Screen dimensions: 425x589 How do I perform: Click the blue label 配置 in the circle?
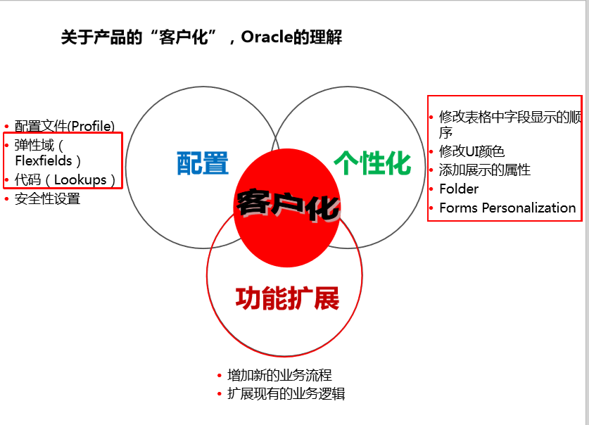203,163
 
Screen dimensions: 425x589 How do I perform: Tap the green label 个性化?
372,163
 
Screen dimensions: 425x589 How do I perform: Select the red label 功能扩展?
287,298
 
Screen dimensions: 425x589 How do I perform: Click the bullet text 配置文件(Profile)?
64,127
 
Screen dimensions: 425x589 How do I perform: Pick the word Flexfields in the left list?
44,161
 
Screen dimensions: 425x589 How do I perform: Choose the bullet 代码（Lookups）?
65,180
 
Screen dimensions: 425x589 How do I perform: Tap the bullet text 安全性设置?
47,199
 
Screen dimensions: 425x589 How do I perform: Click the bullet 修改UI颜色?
471,151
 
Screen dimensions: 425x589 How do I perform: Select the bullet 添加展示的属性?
485,170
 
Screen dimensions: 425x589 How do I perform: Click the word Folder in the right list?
459,189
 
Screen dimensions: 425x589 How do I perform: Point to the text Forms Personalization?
507,208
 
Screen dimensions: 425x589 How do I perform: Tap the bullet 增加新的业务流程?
279,375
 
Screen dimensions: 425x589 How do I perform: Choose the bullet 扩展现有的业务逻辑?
286,394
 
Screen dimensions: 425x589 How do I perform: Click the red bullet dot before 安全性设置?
6,199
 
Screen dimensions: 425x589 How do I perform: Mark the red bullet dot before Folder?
431,189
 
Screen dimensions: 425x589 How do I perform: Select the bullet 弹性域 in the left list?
34,146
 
